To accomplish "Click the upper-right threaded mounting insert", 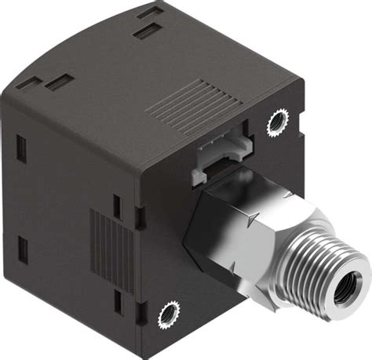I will (277, 122).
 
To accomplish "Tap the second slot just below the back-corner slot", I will (144, 32).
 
